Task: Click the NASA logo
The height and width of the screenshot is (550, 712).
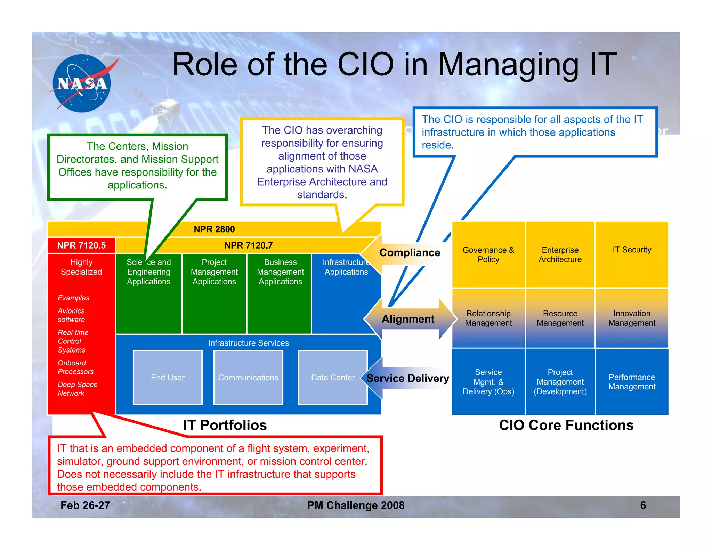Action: [82, 83]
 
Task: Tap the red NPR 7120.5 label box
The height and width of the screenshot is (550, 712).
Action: [81, 245]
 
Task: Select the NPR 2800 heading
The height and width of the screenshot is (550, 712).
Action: [214, 229]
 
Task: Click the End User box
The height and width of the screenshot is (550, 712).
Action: [168, 378]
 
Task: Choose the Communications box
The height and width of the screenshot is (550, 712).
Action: [248, 378]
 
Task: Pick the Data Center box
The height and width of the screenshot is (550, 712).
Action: [333, 378]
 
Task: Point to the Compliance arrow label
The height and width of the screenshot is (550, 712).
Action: [409, 253]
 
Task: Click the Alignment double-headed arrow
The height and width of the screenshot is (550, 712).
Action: [408, 319]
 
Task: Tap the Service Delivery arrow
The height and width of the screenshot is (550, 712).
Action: [407, 378]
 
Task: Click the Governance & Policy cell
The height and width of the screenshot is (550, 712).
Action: [488, 254]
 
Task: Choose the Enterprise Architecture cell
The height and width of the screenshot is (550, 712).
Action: [560, 254]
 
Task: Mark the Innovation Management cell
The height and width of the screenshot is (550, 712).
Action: [632, 318]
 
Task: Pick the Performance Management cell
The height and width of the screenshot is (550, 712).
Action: [632, 382]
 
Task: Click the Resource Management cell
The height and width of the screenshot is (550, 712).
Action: [560, 318]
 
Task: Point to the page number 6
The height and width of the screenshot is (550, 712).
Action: [643, 505]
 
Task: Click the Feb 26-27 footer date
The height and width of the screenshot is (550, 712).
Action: [85, 505]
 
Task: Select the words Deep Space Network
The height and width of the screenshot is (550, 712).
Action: [77, 389]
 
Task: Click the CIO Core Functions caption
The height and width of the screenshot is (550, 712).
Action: [566, 425]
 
